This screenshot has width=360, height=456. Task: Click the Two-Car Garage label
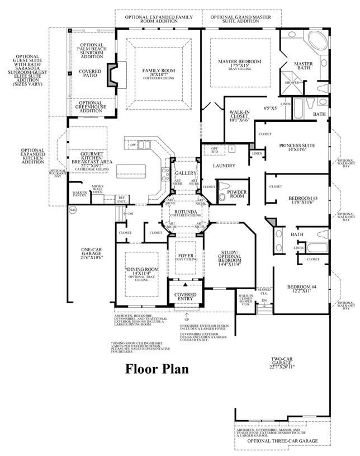(x=281, y=363)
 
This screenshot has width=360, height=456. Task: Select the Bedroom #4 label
(x=302, y=287)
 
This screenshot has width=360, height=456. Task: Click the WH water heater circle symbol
(x=72, y=210)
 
